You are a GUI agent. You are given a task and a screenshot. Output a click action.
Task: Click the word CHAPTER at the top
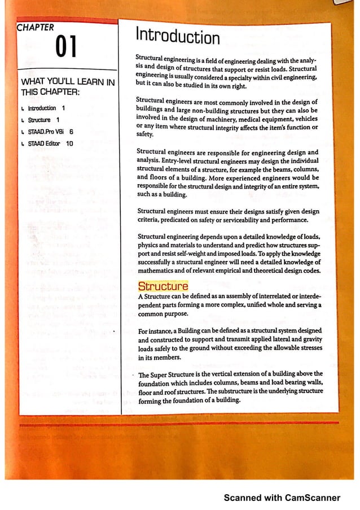tap(36, 27)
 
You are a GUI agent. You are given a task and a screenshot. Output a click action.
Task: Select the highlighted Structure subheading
tap(163, 286)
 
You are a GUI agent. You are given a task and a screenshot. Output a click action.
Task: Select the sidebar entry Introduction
tap(42, 108)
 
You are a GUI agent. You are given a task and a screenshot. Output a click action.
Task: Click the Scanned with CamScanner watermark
tap(282, 498)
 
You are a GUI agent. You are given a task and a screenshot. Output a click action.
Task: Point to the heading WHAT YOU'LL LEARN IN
tap(67, 82)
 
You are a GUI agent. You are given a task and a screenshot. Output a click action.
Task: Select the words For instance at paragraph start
tap(156, 330)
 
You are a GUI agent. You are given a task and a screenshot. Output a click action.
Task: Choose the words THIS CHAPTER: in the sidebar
tap(50, 92)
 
